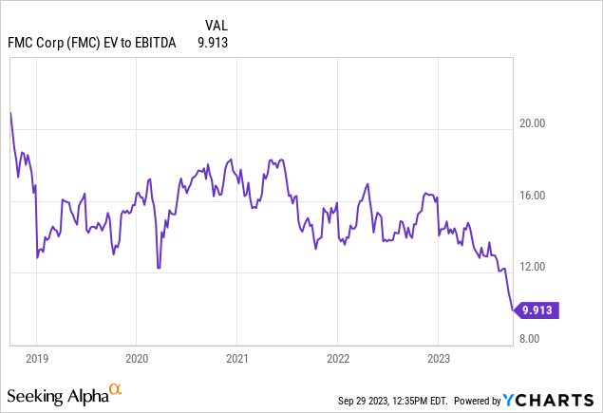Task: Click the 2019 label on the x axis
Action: [x=36, y=359]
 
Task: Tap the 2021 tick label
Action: [x=236, y=359]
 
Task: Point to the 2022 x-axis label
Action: [x=337, y=359]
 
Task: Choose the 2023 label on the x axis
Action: [x=438, y=359]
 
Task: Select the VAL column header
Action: [x=216, y=25]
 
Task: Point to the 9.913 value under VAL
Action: [x=212, y=43]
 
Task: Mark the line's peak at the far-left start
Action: [x=10, y=112]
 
